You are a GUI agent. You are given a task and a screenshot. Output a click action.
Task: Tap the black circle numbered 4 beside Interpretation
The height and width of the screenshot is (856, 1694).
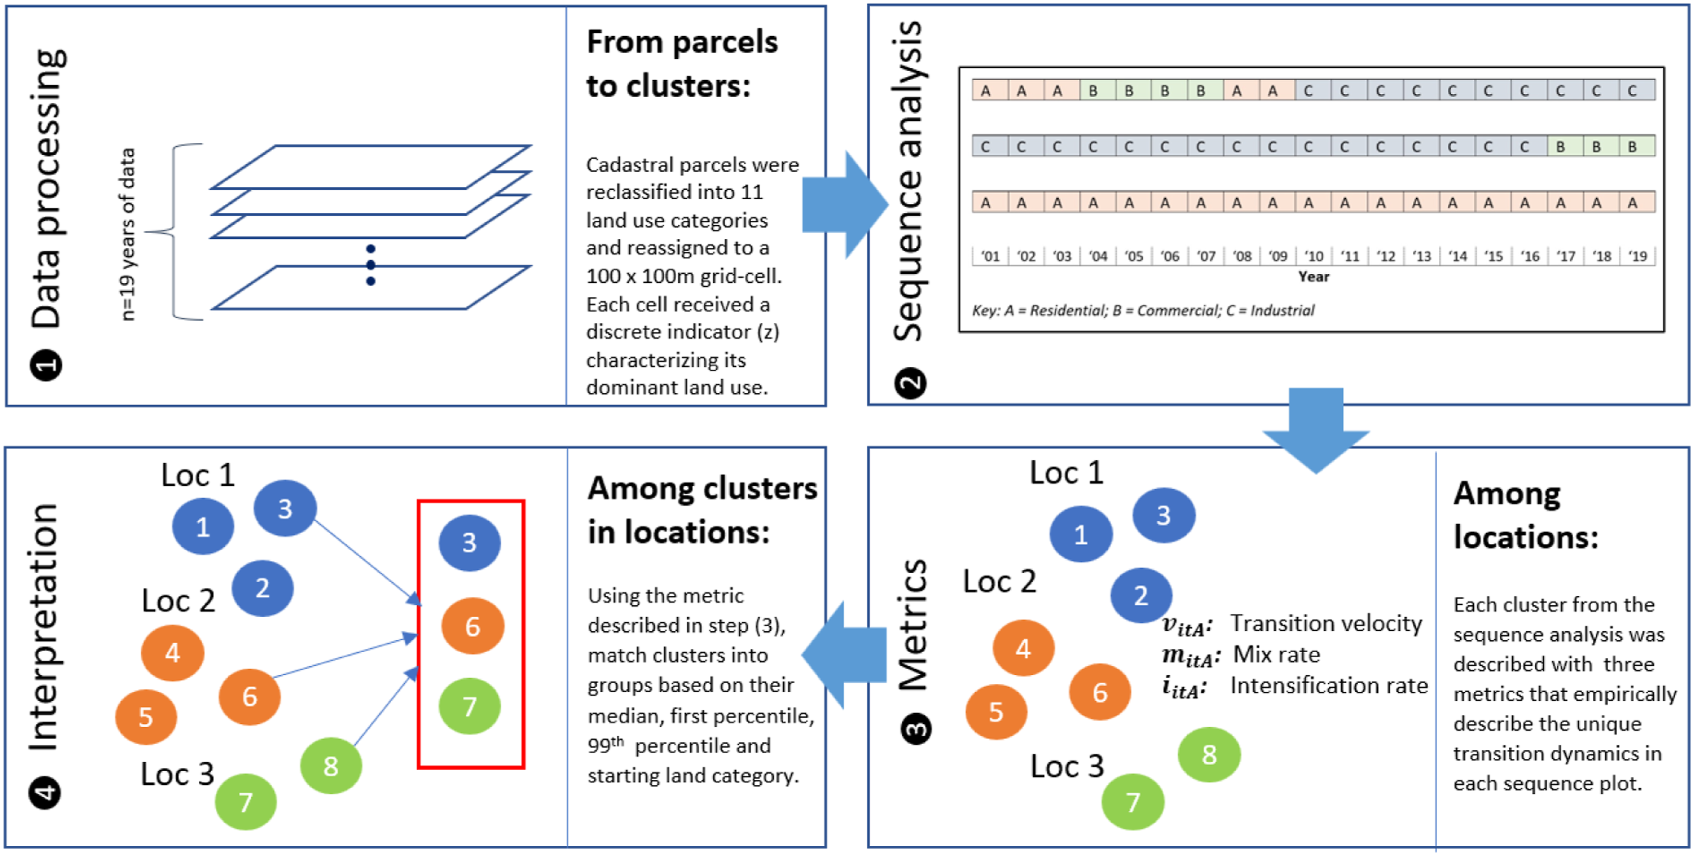coord(45,793)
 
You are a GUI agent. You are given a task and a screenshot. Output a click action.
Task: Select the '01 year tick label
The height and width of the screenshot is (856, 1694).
coord(990,256)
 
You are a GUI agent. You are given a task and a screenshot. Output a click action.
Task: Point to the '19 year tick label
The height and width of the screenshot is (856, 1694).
coord(1637,256)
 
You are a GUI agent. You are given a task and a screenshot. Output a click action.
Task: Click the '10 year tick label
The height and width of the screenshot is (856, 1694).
coord(1313,256)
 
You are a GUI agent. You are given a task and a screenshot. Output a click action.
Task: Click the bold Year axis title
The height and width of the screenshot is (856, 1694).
coord(1313,277)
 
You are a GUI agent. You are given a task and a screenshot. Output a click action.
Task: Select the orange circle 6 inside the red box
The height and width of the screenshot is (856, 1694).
coord(472,626)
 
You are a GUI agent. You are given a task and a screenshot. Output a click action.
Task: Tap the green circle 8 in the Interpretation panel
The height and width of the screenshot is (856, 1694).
coord(331,766)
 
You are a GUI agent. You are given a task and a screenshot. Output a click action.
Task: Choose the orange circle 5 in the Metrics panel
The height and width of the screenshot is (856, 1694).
coord(996,712)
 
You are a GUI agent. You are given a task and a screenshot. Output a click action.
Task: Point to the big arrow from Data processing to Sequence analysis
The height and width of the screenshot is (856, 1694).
coord(846,205)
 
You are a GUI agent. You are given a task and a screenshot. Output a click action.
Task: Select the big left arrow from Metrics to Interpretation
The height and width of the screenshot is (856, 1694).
coord(844,655)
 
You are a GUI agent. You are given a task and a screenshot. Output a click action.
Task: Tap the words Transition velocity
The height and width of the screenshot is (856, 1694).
coord(1326,623)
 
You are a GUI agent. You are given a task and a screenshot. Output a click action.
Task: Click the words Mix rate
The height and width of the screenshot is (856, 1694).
coord(1276,655)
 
